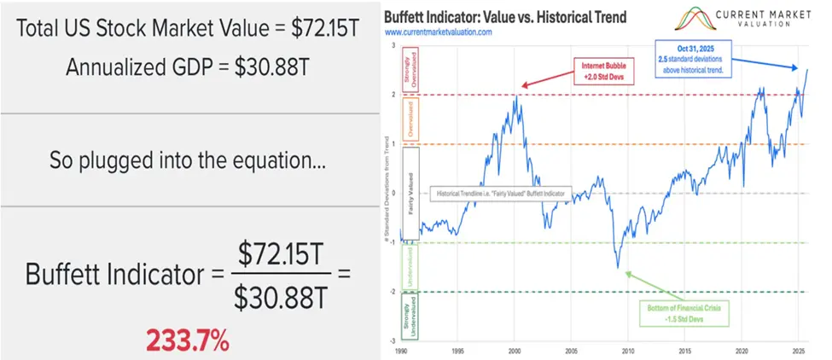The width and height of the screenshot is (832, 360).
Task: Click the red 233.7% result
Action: coord(187,340)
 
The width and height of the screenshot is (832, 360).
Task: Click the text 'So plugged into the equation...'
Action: coord(186,159)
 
